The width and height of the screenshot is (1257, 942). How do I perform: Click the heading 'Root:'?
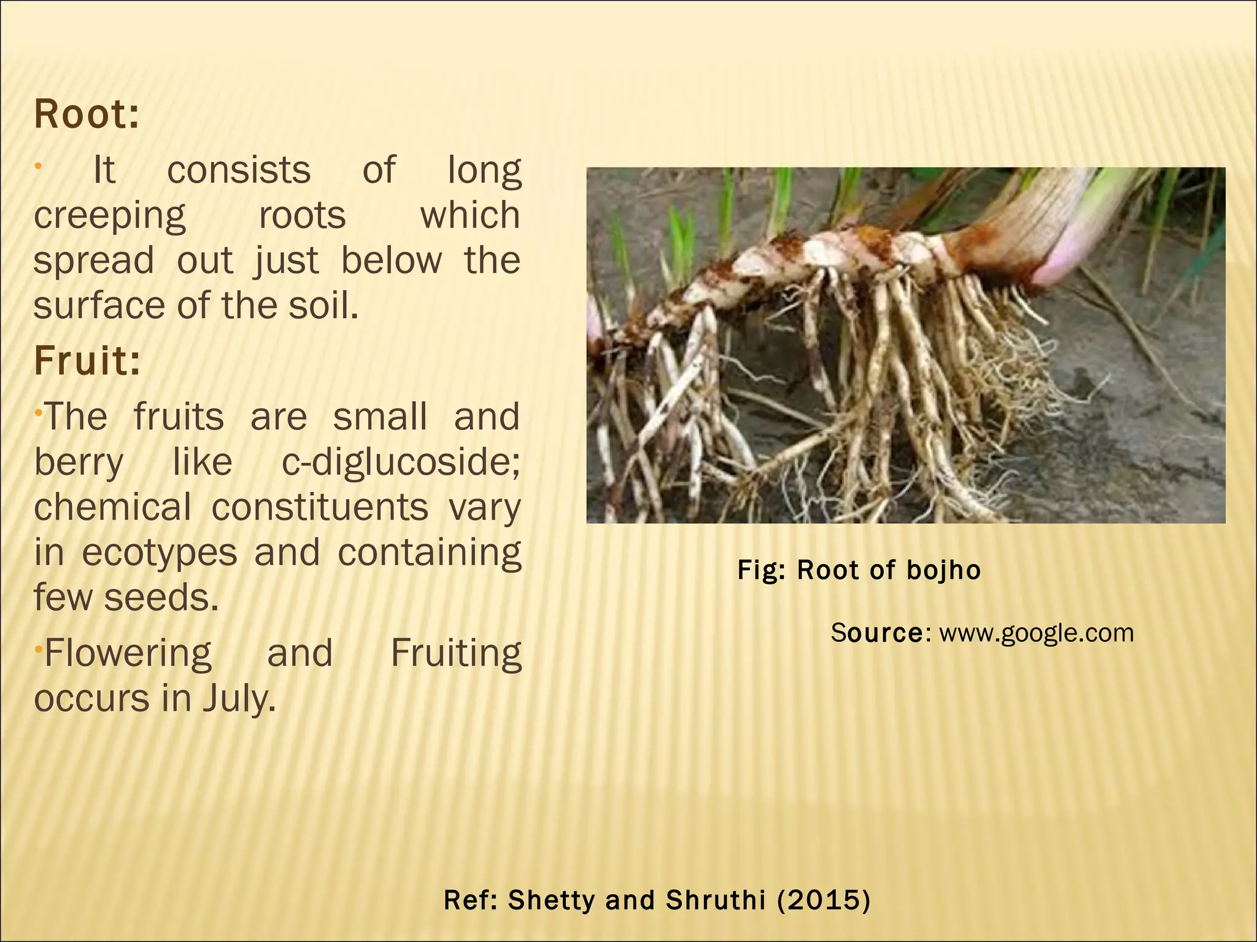(x=87, y=115)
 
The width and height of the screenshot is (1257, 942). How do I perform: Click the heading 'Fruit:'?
(x=87, y=361)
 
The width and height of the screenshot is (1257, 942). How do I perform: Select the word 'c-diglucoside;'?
(x=401, y=462)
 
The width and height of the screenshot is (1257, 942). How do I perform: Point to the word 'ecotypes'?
(x=160, y=553)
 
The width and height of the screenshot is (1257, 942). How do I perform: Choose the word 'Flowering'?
(x=128, y=653)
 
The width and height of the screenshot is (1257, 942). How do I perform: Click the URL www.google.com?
(x=1036, y=633)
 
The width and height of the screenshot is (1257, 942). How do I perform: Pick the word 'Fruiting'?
(x=455, y=653)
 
